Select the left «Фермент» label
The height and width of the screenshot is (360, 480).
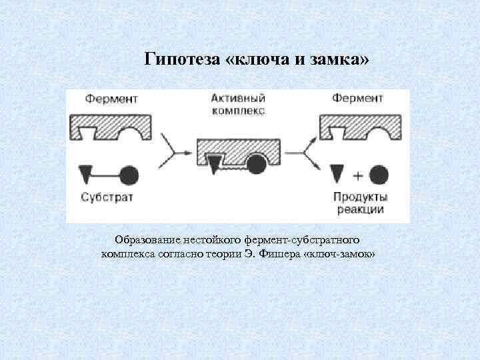tap(111, 99)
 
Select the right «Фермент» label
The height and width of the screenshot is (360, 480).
tap(357, 99)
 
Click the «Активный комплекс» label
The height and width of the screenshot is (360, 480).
tap(237, 105)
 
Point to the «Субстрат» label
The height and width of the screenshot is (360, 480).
tap(109, 197)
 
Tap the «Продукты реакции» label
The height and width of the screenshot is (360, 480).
tap(360, 203)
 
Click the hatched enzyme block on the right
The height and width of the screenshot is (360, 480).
tap(361, 124)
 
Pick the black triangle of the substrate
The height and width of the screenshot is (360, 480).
tap(85, 174)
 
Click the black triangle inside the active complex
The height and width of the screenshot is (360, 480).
tap(213, 163)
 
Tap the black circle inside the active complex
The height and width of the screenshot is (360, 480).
tap(257, 163)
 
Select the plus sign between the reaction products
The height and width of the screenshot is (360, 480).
tap(357, 175)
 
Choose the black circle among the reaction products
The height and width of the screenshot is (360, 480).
tap(379, 175)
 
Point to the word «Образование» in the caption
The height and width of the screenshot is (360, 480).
tap(146, 239)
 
